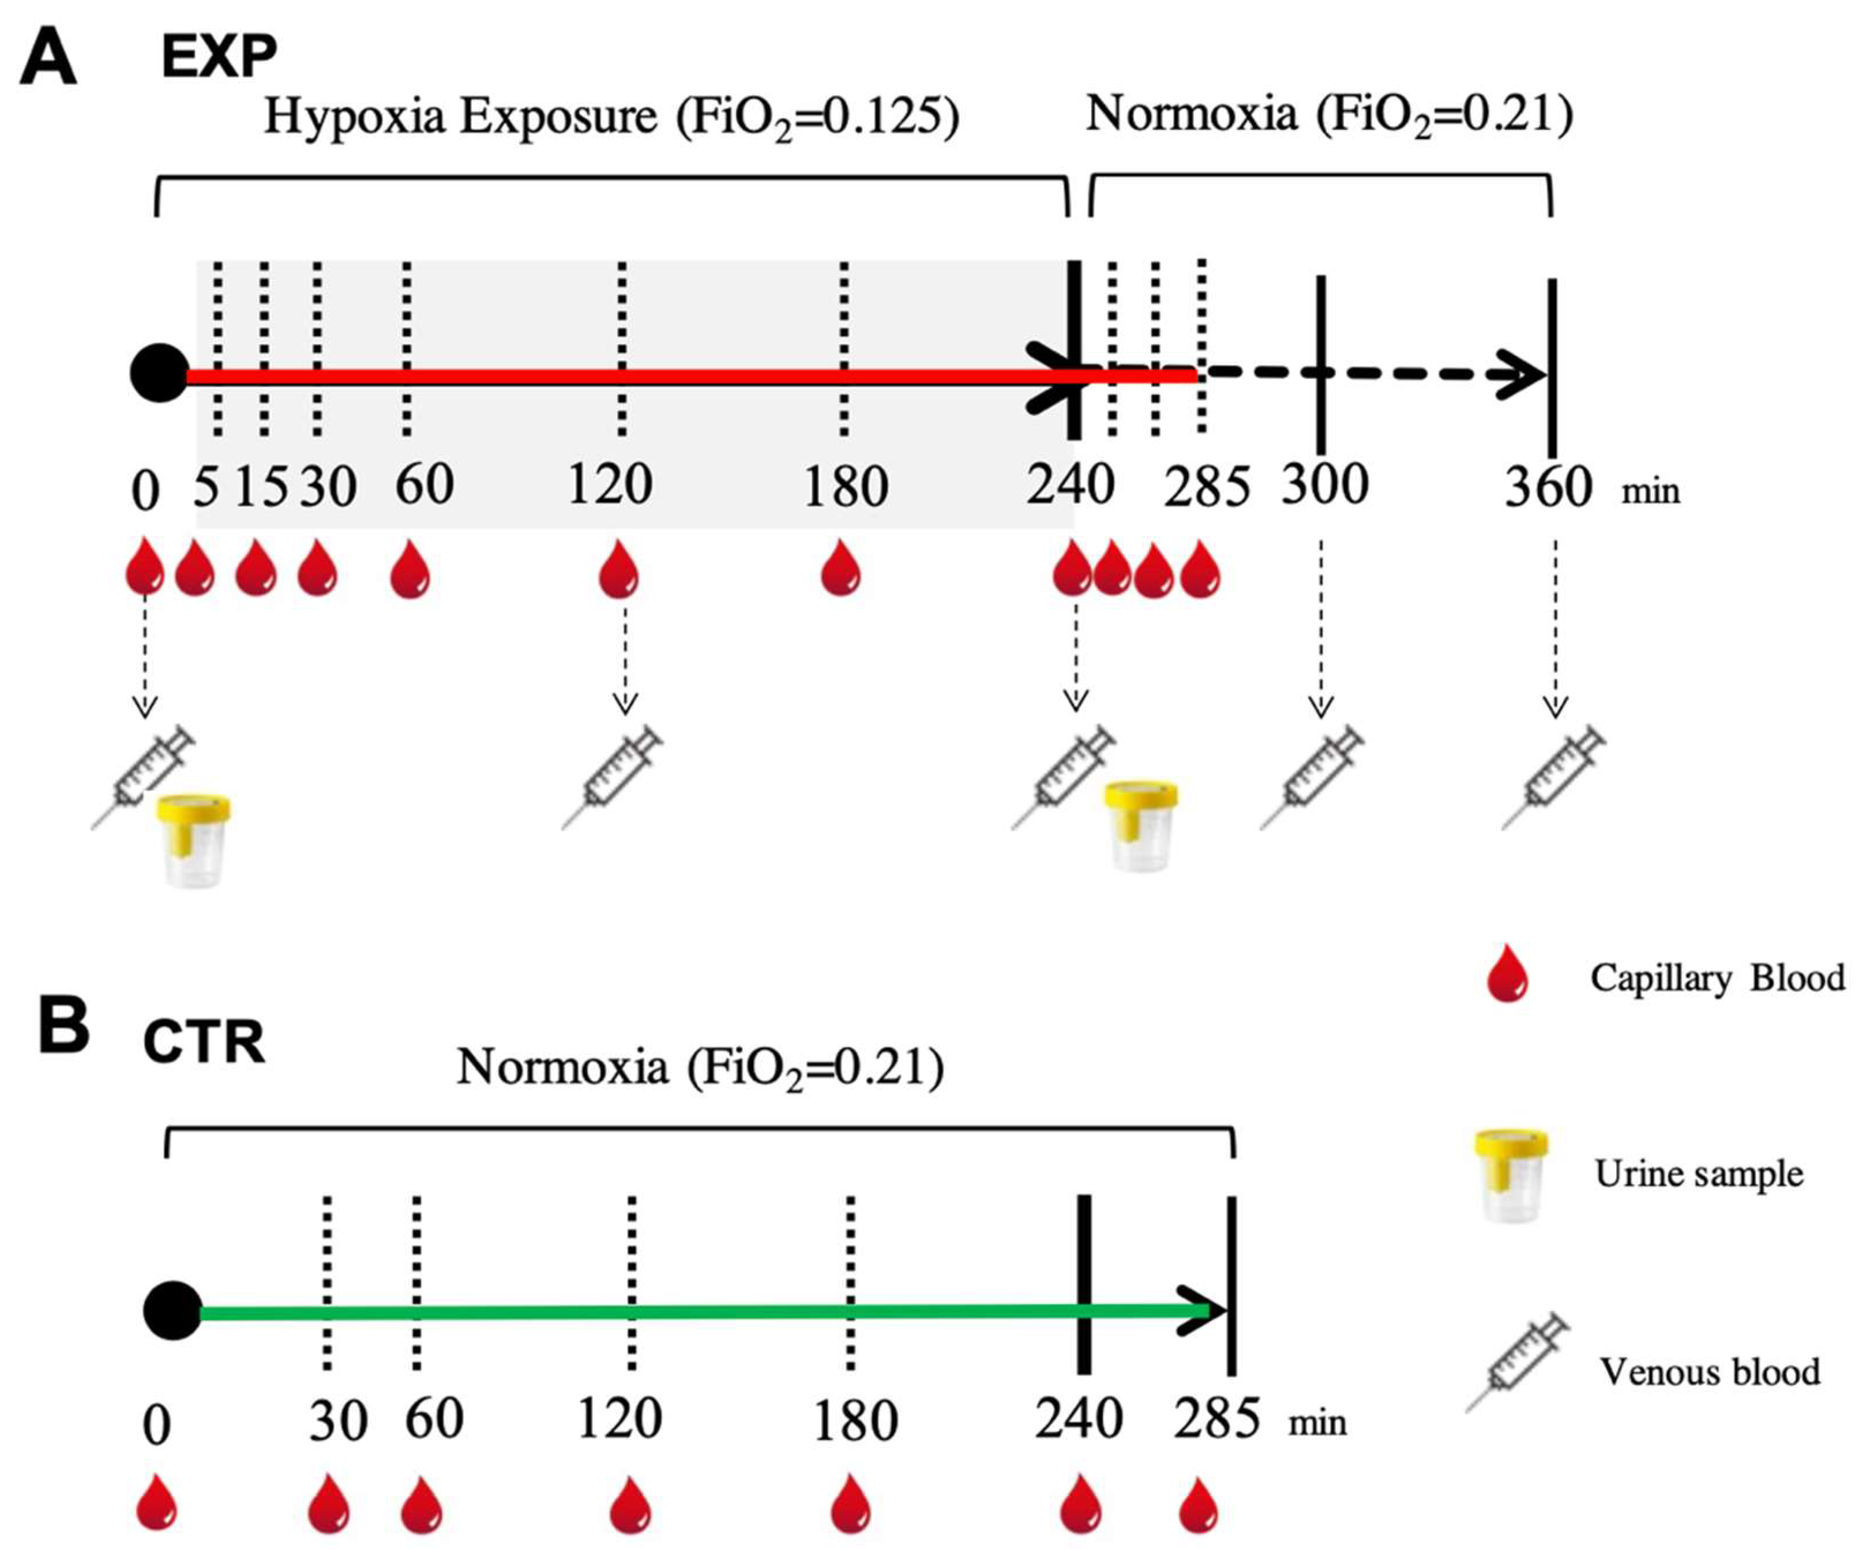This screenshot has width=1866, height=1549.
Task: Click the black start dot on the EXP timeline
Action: point(160,373)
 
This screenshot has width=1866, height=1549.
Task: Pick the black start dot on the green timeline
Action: point(172,1311)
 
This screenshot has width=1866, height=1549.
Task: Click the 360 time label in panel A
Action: point(1547,488)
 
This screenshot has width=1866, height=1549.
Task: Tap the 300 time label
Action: point(1324,485)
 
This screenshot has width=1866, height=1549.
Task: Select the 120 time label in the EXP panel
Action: point(610,485)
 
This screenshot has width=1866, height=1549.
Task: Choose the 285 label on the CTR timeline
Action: point(1217,1419)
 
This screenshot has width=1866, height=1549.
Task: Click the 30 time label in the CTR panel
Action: point(337,1420)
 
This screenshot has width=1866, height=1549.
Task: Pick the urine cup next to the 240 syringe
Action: point(1141,826)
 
